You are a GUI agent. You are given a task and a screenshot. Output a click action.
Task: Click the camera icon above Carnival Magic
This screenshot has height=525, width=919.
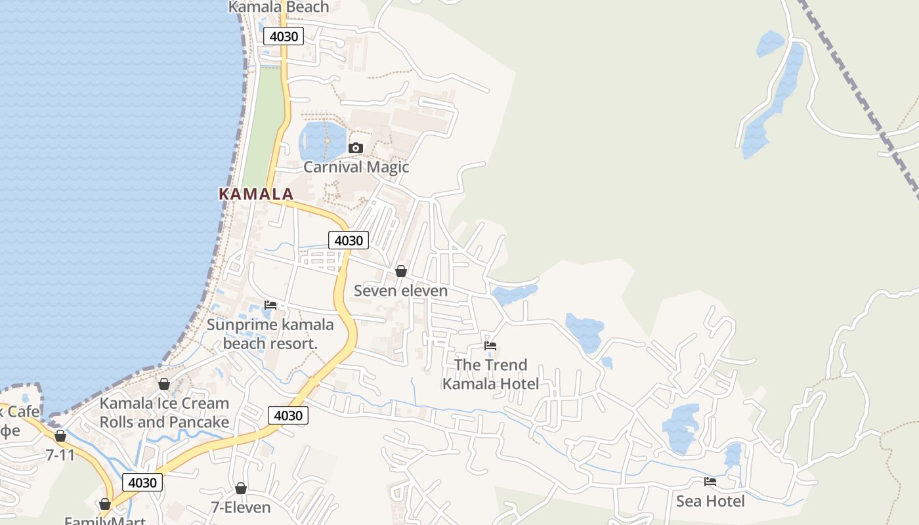click(355, 148)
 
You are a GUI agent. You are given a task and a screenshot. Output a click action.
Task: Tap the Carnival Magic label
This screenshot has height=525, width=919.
click(356, 167)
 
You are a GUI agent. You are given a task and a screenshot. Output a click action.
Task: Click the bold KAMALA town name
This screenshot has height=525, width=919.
click(256, 194)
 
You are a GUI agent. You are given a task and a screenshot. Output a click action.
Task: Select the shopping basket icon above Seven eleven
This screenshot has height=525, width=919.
click(400, 271)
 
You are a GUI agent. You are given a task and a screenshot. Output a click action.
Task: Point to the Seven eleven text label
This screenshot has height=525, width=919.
click(400, 291)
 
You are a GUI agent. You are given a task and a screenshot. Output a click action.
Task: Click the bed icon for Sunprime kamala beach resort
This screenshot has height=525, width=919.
click(270, 304)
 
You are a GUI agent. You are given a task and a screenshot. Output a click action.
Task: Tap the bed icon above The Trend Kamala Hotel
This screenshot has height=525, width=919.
click(490, 345)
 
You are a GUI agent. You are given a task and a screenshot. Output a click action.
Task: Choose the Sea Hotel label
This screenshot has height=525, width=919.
click(710, 501)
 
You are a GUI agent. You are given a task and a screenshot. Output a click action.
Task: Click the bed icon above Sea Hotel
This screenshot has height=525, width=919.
click(710, 482)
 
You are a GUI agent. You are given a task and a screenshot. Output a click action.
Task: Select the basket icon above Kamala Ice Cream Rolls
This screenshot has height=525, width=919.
click(164, 384)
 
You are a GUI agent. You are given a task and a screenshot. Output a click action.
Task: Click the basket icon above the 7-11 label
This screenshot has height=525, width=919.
click(60, 436)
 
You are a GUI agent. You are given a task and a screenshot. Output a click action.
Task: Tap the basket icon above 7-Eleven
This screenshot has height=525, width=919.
click(241, 488)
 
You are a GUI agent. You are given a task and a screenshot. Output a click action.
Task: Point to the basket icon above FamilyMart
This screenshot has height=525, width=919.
click(104, 504)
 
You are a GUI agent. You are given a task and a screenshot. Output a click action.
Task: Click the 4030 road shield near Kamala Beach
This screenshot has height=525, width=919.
click(284, 36)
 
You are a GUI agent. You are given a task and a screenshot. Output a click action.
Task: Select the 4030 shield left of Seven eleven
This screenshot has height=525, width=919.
click(348, 240)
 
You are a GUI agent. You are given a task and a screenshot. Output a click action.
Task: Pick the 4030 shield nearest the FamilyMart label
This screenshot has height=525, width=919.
click(142, 482)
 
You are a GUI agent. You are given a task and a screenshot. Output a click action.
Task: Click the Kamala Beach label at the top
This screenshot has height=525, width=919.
click(278, 7)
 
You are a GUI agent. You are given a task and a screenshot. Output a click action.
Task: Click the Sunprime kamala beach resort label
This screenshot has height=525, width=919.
click(270, 333)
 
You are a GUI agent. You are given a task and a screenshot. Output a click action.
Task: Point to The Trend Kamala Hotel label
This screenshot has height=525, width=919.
click(490, 374)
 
